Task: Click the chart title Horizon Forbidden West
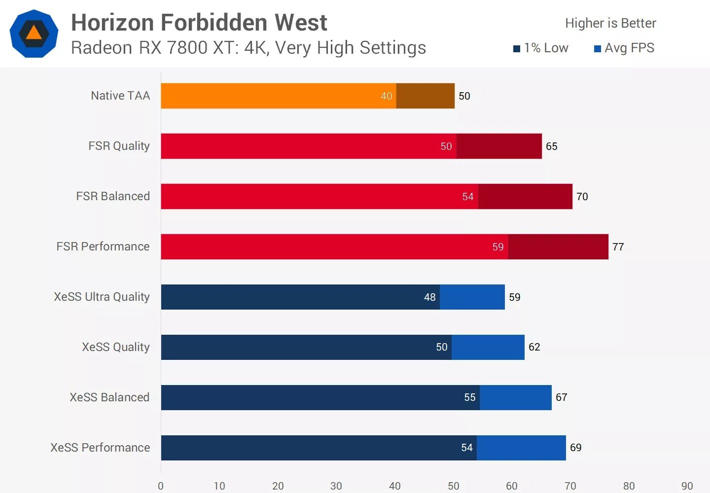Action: [x=199, y=23]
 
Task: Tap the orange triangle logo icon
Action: [x=34, y=34]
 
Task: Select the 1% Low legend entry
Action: [x=541, y=48]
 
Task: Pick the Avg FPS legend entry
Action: [x=624, y=48]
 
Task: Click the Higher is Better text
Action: [x=610, y=23]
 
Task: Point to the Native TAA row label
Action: [x=120, y=96]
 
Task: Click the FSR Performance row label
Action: [x=103, y=246]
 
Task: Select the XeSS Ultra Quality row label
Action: [x=102, y=297]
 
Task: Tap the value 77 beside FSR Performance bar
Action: [x=618, y=247]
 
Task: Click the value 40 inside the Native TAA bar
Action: [x=387, y=96]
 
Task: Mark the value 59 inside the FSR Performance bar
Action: [x=498, y=247]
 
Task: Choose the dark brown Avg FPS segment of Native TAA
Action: [x=425, y=96]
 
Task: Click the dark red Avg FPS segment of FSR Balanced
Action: [x=525, y=196]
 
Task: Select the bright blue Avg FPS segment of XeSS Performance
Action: [x=521, y=448]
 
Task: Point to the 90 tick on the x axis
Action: [x=687, y=486]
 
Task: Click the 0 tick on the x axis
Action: [x=161, y=486]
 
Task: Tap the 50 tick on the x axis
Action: [x=453, y=486]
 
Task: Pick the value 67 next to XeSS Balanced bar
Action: [x=562, y=397]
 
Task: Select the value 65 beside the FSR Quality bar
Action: [x=552, y=146]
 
